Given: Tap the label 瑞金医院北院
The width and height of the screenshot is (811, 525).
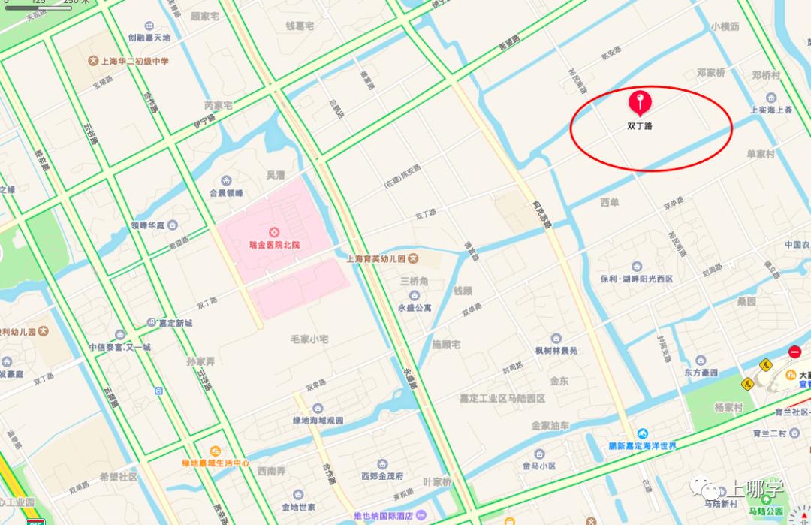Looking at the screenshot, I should click(274, 245).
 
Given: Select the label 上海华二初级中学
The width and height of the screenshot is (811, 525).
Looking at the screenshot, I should click(134, 62).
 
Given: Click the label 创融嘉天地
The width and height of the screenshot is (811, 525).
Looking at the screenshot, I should click(149, 37).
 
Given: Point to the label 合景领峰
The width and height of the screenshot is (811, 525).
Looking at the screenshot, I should click(226, 192).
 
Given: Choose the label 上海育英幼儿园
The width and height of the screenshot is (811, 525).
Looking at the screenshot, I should click(375, 258).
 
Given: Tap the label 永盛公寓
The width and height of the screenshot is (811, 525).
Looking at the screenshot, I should click(415, 307).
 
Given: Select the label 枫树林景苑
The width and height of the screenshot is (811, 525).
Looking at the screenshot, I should click(556, 350).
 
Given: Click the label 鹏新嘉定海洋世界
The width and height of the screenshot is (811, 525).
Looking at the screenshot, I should click(643, 445).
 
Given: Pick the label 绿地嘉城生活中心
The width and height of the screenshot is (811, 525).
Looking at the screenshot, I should click(215, 463).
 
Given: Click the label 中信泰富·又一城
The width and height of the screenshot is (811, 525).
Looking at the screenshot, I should click(120, 347).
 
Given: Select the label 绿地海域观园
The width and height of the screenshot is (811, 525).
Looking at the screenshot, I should click(318, 420).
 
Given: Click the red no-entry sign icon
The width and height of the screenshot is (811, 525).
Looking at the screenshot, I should click(794, 352).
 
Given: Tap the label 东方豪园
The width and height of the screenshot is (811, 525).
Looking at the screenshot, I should click(701, 372).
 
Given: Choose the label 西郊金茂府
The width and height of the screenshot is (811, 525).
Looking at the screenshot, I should click(382, 476).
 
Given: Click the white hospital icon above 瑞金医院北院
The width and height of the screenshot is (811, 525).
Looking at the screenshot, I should click(274, 232).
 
